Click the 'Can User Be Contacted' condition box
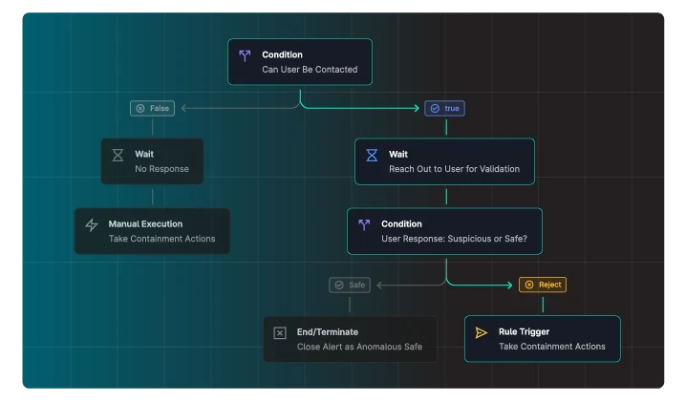(300, 62)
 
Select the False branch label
(152, 108)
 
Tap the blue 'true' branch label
(444, 108)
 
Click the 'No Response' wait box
(152, 161)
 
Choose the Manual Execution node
(152, 231)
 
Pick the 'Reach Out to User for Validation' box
(444, 161)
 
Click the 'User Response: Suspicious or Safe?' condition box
(444, 231)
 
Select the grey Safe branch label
(350, 285)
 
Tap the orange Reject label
(543, 285)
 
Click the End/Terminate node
(350, 339)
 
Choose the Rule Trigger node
(543, 339)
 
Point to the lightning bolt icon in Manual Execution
(92, 224)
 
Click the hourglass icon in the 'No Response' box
(118, 155)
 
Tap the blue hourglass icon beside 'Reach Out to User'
(372, 155)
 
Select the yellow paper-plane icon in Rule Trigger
(482, 333)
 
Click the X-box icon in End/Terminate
(280, 333)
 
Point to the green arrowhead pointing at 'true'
(417, 108)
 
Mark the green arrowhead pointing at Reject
(509, 285)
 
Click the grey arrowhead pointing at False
(183, 108)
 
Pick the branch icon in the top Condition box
(245, 55)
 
